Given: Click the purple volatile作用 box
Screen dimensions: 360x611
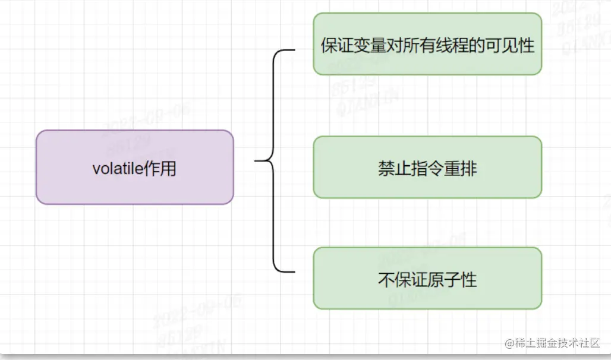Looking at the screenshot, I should (134, 168).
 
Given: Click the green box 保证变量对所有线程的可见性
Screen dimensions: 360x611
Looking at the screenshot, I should (427, 45).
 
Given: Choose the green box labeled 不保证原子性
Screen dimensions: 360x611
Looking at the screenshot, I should (427, 279).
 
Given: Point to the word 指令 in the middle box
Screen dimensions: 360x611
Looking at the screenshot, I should (427, 169).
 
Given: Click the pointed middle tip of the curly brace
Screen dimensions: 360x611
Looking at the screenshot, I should (256, 160).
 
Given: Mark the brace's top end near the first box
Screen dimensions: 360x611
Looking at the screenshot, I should (293, 50).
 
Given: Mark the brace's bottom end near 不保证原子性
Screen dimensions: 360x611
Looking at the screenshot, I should (293, 271).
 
